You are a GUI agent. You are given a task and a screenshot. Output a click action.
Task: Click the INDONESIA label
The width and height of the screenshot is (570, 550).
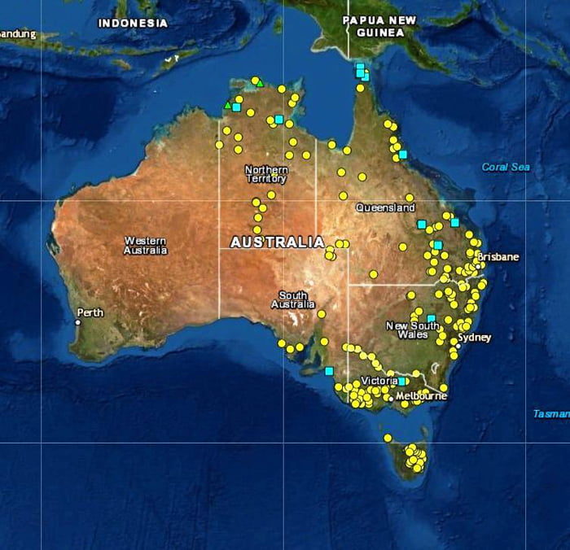click(133, 23)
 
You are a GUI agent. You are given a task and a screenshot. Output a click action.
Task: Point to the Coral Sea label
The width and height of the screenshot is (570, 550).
click(506, 167)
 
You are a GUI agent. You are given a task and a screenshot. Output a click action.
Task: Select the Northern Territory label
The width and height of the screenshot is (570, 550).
click(266, 174)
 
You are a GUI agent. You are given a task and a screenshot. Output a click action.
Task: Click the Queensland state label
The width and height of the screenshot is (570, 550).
click(385, 207)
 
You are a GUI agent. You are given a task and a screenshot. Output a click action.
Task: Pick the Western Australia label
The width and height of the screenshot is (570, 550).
click(145, 246)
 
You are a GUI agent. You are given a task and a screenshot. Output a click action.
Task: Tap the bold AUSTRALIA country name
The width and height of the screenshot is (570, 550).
click(277, 242)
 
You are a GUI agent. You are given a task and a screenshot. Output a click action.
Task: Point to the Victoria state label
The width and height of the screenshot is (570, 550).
click(379, 381)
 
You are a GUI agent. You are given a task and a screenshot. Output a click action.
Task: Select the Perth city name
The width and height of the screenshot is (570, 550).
click(90, 312)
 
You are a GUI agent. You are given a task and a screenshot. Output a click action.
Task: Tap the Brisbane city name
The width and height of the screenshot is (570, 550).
click(498, 257)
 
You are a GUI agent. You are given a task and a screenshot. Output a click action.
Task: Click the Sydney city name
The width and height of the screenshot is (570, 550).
click(475, 337)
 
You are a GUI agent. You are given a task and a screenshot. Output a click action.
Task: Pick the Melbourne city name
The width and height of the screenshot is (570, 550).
click(421, 396)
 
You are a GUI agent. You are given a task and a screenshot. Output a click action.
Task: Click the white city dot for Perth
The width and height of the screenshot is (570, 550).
click(78, 322)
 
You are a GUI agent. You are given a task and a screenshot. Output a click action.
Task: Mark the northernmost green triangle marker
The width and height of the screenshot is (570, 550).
click(260, 83)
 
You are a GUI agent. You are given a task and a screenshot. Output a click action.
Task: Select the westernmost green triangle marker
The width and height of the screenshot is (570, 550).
click(227, 104)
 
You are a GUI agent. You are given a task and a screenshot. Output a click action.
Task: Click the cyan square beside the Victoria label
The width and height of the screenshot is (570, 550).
click(401, 381)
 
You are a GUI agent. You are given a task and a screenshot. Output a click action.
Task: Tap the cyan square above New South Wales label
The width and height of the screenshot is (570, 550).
click(431, 318)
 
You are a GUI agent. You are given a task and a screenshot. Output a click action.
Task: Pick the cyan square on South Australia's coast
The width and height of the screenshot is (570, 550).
click(329, 371)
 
